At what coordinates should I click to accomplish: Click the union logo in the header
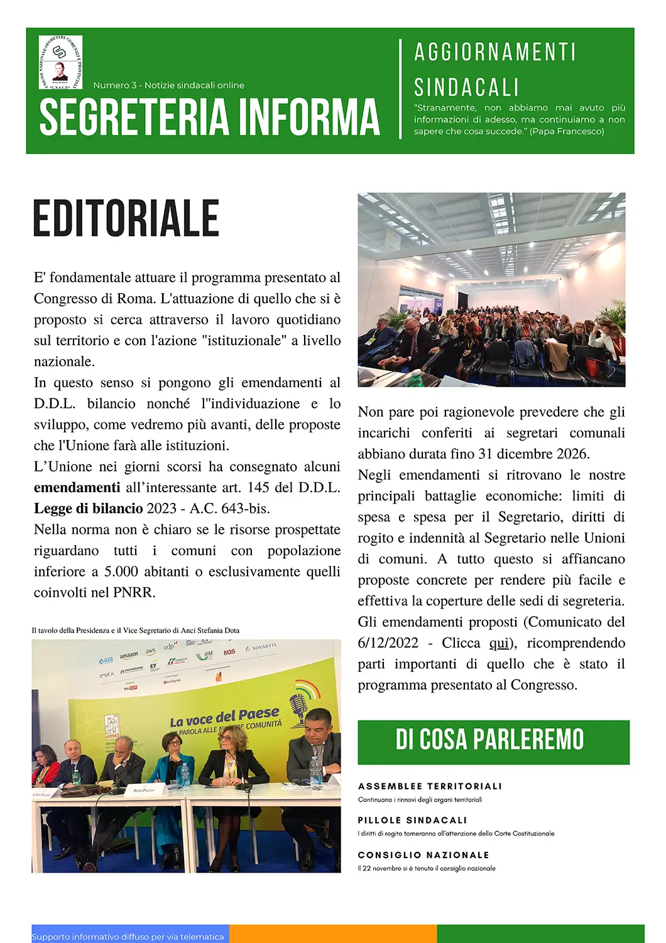click(60, 62)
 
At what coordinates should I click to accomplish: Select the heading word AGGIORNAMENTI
click(495, 52)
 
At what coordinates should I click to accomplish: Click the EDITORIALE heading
click(126, 219)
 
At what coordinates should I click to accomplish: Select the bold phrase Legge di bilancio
click(89, 508)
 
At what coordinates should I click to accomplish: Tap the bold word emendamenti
click(77, 487)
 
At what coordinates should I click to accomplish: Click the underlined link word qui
click(499, 642)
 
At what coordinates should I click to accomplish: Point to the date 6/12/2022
click(388, 642)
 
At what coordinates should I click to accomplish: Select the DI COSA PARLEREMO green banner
click(493, 741)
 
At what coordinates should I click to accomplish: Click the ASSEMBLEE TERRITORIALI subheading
click(430, 786)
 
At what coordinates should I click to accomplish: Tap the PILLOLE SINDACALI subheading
click(412, 820)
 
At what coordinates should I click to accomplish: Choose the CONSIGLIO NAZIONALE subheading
click(423, 855)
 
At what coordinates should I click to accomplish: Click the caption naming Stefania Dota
click(135, 630)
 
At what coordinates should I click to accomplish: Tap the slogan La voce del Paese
click(224, 717)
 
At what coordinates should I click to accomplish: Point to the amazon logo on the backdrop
click(129, 655)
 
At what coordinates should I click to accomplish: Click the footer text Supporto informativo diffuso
click(128, 937)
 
